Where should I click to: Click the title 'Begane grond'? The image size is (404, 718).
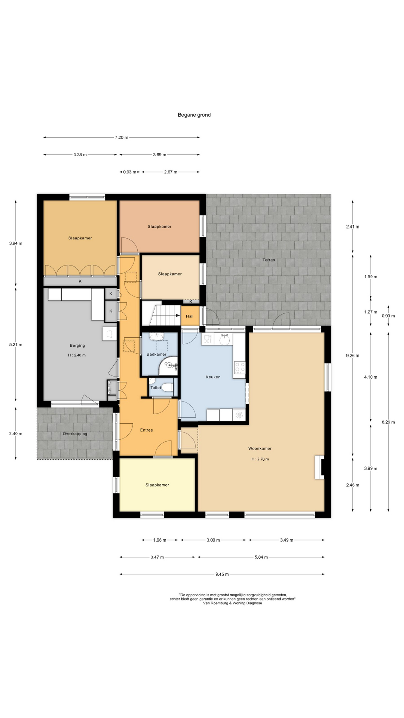point(194,115)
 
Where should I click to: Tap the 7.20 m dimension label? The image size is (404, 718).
point(121,138)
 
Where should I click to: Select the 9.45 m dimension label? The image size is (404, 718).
point(222,574)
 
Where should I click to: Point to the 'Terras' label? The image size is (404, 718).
point(269,260)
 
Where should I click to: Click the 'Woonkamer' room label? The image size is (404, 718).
point(260,448)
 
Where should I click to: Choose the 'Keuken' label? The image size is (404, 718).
point(213,377)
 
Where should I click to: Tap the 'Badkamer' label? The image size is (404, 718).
point(156,354)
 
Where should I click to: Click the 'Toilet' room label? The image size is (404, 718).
point(156,388)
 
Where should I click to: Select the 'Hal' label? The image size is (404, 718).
point(189,316)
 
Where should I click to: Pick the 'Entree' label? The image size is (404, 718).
point(147,430)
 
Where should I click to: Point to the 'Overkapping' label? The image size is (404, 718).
point(75,434)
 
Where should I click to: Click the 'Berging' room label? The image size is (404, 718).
point(77,346)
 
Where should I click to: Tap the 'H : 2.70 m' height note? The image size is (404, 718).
point(260,459)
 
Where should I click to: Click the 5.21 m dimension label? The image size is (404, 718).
point(16,345)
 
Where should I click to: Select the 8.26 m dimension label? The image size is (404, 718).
point(388,422)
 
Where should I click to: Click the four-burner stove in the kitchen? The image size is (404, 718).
point(239,367)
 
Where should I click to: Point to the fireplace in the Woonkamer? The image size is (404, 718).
point(320,467)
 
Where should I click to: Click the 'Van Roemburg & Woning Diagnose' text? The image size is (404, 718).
point(232,603)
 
